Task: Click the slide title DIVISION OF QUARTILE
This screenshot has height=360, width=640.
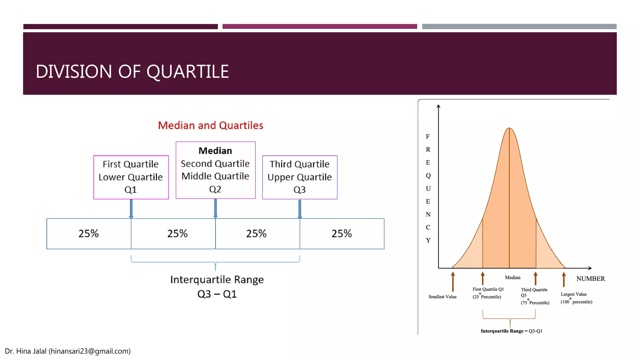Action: pos(132,72)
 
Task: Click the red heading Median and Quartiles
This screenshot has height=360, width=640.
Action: pos(210,125)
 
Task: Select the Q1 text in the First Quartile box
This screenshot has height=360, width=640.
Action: pos(130,190)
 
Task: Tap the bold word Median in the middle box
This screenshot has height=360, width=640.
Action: pos(215,151)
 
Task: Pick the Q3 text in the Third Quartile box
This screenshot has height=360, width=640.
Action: pos(299,190)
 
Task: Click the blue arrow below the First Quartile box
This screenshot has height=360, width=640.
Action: pos(131,209)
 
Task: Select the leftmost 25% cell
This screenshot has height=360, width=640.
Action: pos(88,233)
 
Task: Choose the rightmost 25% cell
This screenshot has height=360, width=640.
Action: pos(342,233)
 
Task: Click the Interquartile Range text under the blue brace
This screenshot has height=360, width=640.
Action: pos(217,279)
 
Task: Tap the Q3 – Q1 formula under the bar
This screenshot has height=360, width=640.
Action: pos(217,294)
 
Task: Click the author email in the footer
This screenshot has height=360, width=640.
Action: pos(89,351)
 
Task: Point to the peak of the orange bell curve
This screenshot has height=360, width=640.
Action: pos(509,128)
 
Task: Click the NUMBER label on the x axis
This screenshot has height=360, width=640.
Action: pos(590,278)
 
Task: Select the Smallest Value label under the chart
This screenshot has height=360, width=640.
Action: pos(442,297)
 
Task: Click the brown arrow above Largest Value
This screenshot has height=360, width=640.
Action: pos(564,279)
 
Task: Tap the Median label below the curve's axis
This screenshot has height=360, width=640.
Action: pos(512,277)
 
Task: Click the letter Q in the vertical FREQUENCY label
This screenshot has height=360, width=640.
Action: pos(428,176)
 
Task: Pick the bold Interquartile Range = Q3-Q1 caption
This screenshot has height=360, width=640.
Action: pos(511,331)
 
